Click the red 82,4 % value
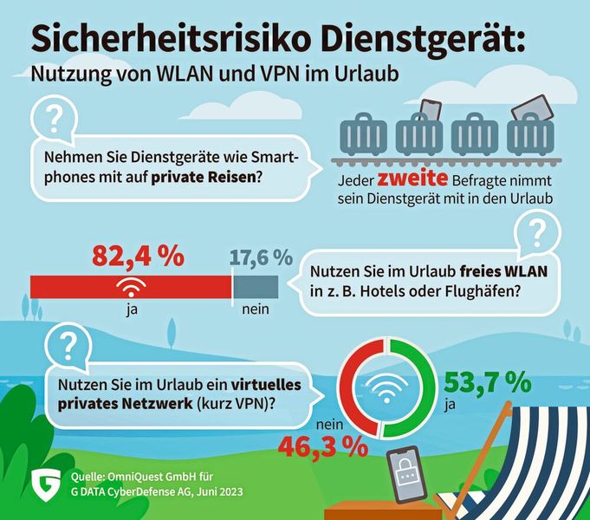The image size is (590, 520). pyautogui.click(x=138, y=256)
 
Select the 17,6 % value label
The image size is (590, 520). pyautogui.click(x=261, y=257)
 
